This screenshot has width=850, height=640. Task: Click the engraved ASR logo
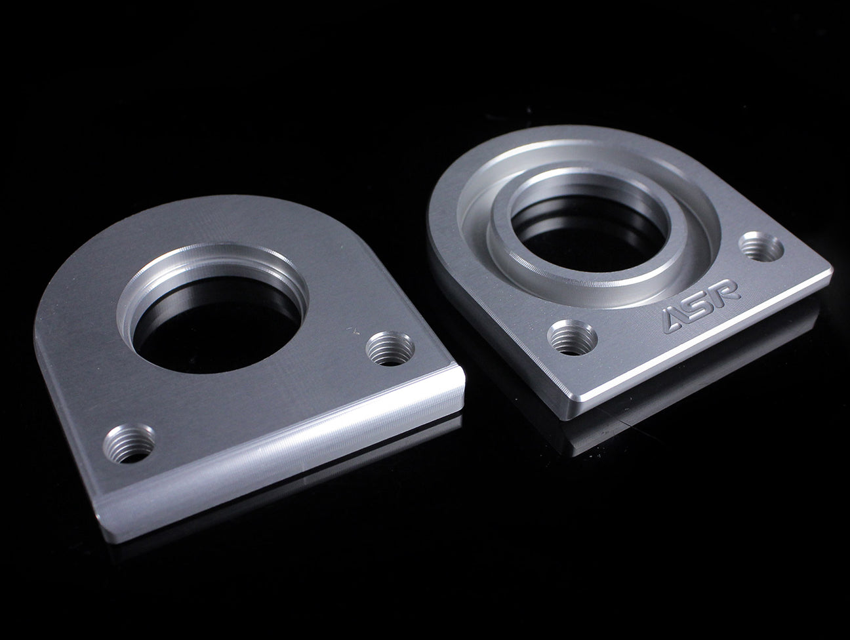tap(701, 306)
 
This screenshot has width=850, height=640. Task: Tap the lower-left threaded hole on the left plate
tap(129, 443)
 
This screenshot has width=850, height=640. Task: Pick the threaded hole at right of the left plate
tap(390, 348)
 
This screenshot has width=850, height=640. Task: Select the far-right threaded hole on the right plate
tap(761, 247)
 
